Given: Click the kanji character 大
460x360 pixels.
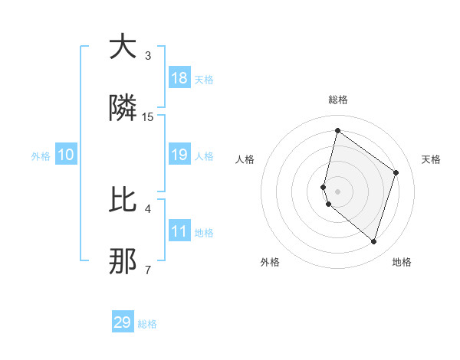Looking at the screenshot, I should point(123,47).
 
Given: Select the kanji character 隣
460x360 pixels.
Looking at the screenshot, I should point(123,110).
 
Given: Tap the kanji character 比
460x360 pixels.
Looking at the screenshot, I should point(123,200).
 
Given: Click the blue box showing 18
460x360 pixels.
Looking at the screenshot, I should point(179,78).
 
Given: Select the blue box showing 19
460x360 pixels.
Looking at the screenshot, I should point(179,155).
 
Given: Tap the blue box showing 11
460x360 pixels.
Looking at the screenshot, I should point(179,231).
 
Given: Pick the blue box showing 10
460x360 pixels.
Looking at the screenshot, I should point(66,155).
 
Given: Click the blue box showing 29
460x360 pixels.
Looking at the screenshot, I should point(123,322).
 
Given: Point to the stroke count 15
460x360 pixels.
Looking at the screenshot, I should point(148,117).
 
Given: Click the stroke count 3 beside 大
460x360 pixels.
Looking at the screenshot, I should point(148,55).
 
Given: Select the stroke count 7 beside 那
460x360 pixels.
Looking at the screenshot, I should point(148,270).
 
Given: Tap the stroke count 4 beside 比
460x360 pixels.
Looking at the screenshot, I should point(148,208).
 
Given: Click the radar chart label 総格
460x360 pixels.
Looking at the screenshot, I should point(337,100).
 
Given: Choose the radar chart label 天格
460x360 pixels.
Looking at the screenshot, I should point(431,159).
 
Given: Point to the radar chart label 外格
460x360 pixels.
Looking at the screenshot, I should point(269,263).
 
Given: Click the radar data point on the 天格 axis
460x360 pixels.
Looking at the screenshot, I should point(396,172).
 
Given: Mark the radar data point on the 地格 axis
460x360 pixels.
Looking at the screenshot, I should point(373,242).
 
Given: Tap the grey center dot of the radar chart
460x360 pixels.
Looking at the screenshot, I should point(337,191).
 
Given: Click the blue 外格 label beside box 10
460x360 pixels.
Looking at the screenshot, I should point(41,155).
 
